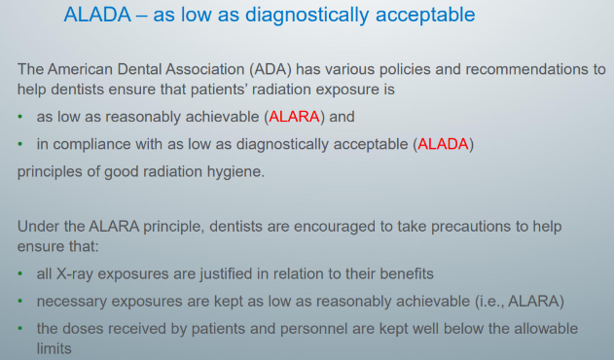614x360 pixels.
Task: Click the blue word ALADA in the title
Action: tap(97, 15)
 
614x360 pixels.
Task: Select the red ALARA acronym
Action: tap(294, 117)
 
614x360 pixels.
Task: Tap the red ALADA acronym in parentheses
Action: tap(443, 144)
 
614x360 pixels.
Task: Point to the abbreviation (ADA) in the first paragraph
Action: tap(271, 69)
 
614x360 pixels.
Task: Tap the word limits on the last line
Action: tap(54, 348)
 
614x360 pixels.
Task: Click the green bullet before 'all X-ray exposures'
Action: tap(20, 273)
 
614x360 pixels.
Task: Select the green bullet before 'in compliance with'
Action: tap(20, 144)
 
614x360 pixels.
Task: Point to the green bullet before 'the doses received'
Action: tap(20, 328)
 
